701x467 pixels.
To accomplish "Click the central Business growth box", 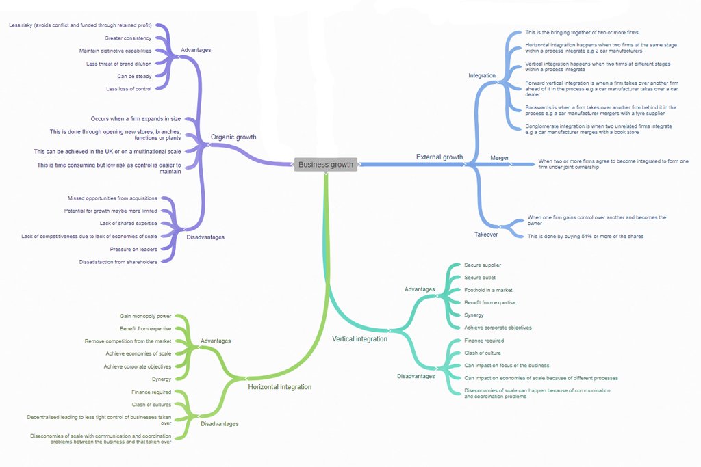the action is [325, 164].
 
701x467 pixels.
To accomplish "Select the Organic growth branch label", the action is [233, 137].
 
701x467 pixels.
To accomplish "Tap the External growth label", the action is [439, 157].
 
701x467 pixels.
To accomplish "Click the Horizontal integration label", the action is [280, 386].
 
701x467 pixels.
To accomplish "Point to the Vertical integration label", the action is [360, 339].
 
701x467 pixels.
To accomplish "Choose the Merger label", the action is [499, 157].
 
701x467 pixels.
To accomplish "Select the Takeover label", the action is [486, 235].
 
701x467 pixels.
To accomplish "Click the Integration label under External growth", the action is [482, 75].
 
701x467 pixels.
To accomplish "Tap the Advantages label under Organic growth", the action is [196, 50].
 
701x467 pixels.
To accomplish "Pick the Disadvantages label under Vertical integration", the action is [416, 376].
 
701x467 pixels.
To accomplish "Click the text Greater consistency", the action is [128, 38].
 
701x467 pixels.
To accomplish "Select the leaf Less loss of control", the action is [129, 89].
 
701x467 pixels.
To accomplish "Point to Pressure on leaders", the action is [133, 249].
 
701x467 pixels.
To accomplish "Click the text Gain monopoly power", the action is [145, 316].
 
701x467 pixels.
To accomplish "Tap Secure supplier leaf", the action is [483, 265].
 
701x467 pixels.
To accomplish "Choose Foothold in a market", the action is [488, 290].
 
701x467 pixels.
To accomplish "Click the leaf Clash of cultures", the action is [151, 405].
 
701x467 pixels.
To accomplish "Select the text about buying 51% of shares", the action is [586, 236].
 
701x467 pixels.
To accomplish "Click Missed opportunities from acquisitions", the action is [112, 198].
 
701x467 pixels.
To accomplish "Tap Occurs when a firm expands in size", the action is [136, 119].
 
